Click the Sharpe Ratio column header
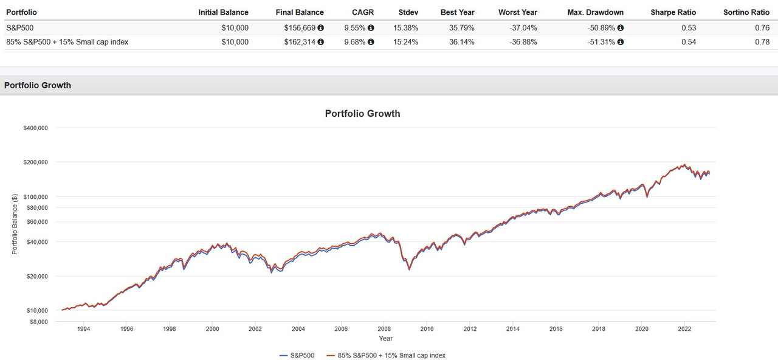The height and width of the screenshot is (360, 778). (x=673, y=12)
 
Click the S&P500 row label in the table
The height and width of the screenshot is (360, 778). (x=19, y=28)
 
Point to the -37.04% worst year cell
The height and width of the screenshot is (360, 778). (x=523, y=28)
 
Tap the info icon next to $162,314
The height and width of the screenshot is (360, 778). (x=321, y=42)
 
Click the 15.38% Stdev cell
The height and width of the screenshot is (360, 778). (x=408, y=28)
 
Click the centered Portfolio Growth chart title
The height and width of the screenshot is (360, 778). (x=362, y=113)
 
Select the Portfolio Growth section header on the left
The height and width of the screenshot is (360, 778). (x=38, y=85)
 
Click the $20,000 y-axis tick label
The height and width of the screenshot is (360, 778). (x=36, y=276)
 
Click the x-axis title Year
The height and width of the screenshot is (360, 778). (x=385, y=339)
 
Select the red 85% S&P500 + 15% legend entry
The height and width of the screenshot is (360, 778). (x=385, y=355)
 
